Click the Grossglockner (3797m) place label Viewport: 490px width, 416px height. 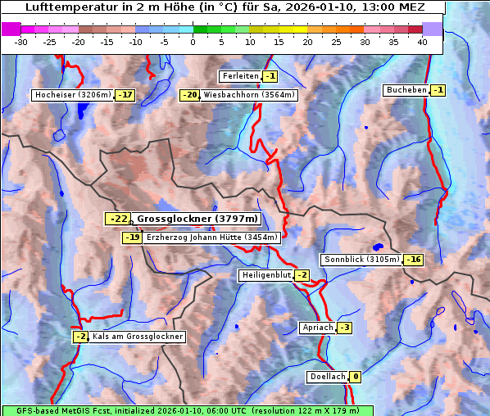197,219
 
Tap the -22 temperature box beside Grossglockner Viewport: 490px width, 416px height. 117,219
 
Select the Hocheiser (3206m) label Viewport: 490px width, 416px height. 72,95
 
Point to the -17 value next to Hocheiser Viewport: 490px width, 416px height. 125,95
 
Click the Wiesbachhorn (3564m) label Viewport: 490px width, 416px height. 249,95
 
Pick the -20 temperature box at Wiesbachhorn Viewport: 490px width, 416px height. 189,95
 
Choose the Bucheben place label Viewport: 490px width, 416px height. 406,89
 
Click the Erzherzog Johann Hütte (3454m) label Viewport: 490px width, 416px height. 212,237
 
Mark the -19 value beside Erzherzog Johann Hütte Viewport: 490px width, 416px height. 131,237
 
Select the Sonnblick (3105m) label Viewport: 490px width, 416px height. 361,260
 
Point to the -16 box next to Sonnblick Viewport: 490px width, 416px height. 413,260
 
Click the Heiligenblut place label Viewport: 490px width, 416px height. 265,275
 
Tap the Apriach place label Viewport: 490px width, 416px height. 317,328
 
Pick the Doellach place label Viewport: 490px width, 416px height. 328,377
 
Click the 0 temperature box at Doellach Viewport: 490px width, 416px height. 356,377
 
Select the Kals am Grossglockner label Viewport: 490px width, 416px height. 137,337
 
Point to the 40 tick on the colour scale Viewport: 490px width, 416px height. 422,41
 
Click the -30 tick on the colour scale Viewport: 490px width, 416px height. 21,41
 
